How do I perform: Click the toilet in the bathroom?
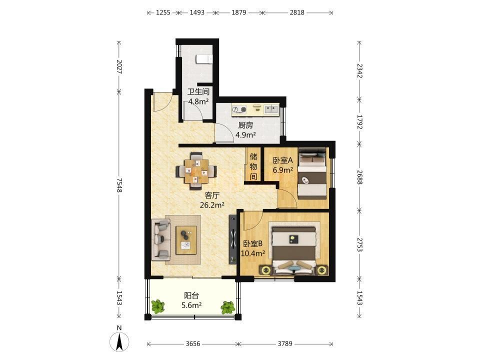pyautogui.click(x=204, y=59)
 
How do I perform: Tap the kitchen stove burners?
pyautogui.click(x=239, y=109)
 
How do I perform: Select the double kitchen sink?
pyautogui.click(x=271, y=108)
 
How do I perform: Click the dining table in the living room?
pyautogui.click(x=196, y=171)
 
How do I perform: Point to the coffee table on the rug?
pyautogui.click(x=186, y=240)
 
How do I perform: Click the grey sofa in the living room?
pyautogui.click(x=161, y=239)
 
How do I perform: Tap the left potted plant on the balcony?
pyautogui.click(x=157, y=306)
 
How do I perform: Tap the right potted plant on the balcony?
pyautogui.click(x=227, y=307)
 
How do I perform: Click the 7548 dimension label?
pyautogui.click(x=119, y=185)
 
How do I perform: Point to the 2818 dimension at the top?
pyautogui.click(x=297, y=12)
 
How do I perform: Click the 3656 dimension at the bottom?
pyautogui.click(x=193, y=344)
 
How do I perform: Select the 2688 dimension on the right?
pyautogui.click(x=359, y=177)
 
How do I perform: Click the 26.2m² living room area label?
pyautogui.click(x=212, y=205)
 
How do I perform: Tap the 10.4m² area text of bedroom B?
pyautogui.click(x=253, y=253)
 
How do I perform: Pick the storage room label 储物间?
pyautogui.click(x=253, y=166)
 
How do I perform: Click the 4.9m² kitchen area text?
pyautogui.click(x=245, y=134)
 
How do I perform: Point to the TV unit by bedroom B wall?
pyautogui.click(x=233, y=239)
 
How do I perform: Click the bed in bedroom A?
pyautogui.click(x=312, y=173)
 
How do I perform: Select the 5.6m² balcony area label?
pyautogui.click(x=191, y=305)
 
